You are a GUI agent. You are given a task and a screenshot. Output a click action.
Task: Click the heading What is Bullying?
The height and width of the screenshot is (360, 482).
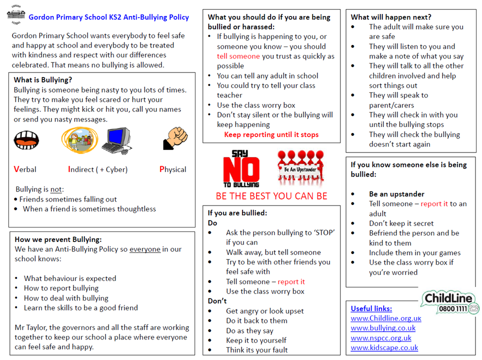(x=42, y=80)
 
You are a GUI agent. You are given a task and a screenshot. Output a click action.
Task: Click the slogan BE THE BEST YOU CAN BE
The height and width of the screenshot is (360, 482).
(x=271, y=196)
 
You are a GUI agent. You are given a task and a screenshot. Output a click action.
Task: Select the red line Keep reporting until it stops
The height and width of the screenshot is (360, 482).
(x=271, y=134)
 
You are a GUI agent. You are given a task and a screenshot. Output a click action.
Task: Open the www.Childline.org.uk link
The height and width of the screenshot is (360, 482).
(x=385, y=318)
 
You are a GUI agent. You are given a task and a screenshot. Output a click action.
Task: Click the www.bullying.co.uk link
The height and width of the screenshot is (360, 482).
(x=383, y=328)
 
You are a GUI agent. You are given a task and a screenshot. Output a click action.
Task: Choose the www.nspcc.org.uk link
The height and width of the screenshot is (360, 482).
(x=381, y=338)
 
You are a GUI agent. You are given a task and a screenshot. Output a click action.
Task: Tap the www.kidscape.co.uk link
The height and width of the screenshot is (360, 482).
(x=384, y=348)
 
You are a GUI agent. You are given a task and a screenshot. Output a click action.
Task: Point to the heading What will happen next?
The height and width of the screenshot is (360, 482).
(x=391, y=17)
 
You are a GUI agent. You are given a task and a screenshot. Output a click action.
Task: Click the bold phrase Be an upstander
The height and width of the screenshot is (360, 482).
(x=396, y=194)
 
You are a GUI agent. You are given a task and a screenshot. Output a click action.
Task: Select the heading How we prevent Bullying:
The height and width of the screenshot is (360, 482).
(x=58, y=239)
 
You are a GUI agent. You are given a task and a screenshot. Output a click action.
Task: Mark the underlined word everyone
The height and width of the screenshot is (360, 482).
(x=145, y=249)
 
